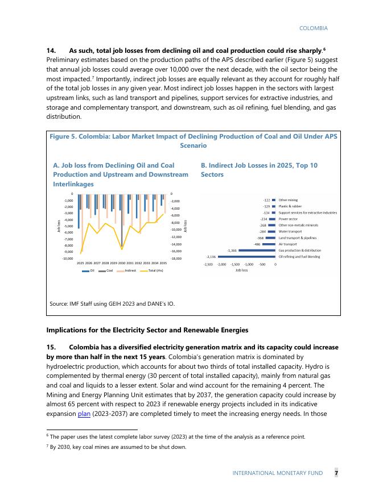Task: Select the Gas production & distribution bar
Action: click(x=257, y=250)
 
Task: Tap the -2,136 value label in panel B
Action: click(x=211, y=256)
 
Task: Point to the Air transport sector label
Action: click(x=287, y=244)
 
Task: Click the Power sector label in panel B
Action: click(x=288, y=219)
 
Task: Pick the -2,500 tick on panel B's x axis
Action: click(x=208, y=264)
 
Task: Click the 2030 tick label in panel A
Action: click(x=122, y=264)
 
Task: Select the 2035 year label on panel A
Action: click(x=163, y=264)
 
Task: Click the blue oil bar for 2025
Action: click(x=79, y=211)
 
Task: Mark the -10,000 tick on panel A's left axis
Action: click(x=67, y=258)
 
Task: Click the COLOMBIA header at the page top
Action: click(x=313, y=28)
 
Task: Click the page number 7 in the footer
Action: click(x=336, y=473)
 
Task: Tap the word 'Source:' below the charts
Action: click(x=59, y=304)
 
